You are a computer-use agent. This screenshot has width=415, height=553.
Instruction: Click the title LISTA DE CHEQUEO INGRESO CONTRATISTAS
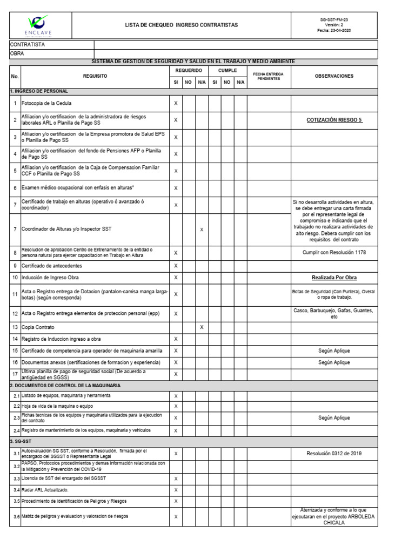tap(181, 25)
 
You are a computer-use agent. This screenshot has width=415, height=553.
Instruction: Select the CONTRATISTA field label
tap(28, 45)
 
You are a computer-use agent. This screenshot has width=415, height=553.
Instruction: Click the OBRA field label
tap(17, 54)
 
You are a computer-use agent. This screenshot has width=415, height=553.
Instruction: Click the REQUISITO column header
tap(95, 76)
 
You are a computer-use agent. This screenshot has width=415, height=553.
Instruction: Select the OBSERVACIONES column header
tap(334, 76)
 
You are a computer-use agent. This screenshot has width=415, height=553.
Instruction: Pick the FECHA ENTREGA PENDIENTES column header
tap(269, 76)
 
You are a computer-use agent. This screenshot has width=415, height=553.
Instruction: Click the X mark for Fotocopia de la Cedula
tap(176, 103)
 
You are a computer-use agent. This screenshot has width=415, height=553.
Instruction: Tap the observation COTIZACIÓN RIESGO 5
tap(334, 120)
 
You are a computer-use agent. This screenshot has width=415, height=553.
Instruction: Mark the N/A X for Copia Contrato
tap(202, 327)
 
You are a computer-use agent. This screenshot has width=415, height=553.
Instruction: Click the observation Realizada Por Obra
tap(334, 278)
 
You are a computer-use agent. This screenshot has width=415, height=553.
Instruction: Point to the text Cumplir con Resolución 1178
tap(334, 252)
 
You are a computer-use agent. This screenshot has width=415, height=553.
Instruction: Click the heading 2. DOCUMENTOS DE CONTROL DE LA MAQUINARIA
tap(65, 386)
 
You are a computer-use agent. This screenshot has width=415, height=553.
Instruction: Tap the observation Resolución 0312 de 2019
tap(334, 454)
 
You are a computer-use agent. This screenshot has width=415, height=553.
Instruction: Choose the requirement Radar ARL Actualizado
tap(45, 490)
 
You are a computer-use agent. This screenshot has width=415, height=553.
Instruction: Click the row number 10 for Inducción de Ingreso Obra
tap(15, 278)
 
